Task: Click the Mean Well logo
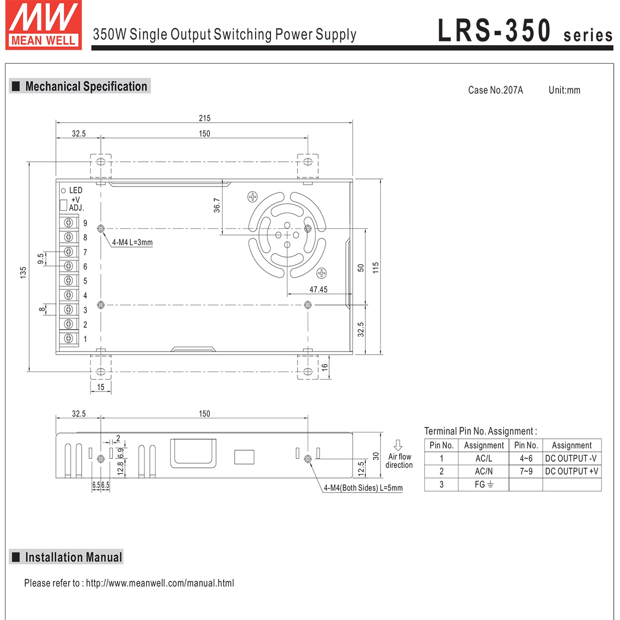click(x=43, y=25)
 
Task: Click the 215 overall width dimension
click(x=204, y=118)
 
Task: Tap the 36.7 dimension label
click(x=217, y=205)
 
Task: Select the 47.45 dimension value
click(x=318, y=289)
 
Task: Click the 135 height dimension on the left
click(x=23, y=272)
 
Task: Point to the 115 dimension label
click(x=376, y=268)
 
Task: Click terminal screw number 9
click(x=69, y=223)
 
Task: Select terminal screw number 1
click(x=69, y=339)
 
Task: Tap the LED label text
click(x=76, y=190)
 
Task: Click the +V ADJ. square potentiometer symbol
click(x=63, y=205)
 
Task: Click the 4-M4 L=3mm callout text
click(x=132, y=242)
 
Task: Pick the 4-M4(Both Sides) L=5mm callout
click(x=363, y=488)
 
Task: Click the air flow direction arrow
click(x=398, y=445)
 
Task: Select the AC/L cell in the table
click(x=484, y=458)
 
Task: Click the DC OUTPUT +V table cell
click(x=571, y=471)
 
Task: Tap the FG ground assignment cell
click(x=484, y=485)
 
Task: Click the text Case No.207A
click(x=495, y=90)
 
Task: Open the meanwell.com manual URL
click(x=160, y=583)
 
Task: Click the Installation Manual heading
click(x=73, y=557)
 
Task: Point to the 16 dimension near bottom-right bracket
click(x=325, y=367)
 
